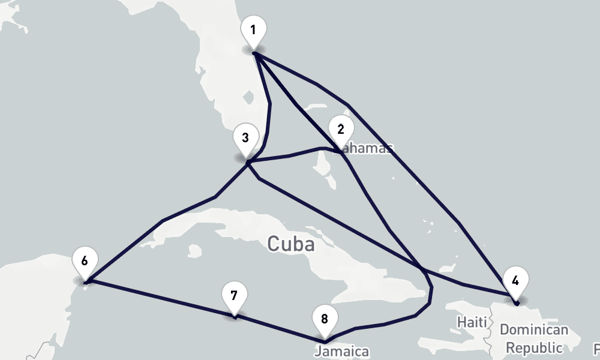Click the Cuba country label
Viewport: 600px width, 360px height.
coord(291,244)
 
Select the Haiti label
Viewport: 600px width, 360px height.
coord(472,322)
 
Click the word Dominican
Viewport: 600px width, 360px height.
coord(533,330)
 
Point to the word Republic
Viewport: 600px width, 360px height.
coord(535,347)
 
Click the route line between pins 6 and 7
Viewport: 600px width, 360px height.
coord(162,298)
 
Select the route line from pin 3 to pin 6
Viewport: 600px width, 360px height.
coord(162,222)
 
